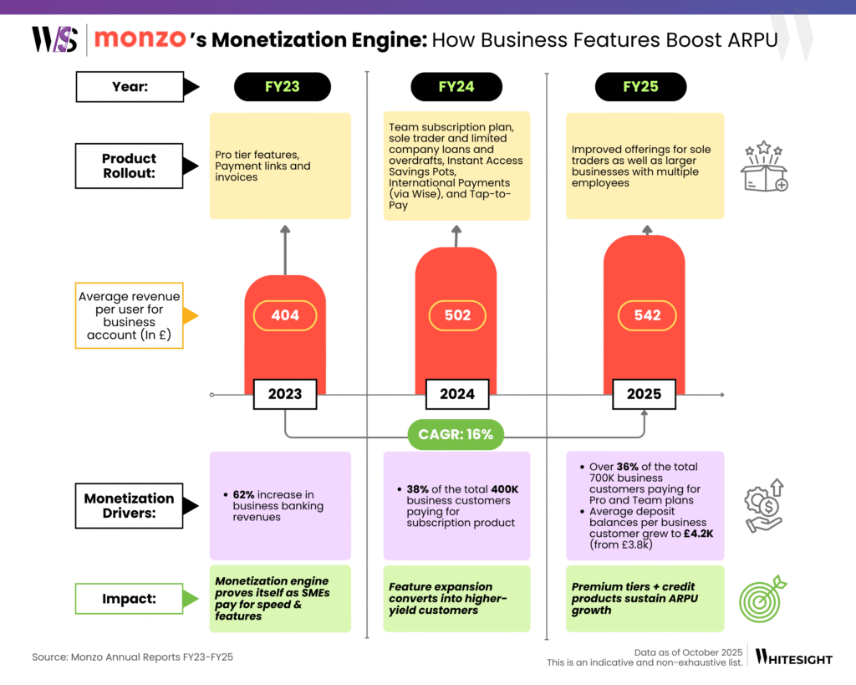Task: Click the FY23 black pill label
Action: [x=283, y=87]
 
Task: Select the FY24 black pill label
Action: [x=456, y=87]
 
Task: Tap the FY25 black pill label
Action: [x=640, y=87]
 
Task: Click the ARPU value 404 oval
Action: [x=285, y=316]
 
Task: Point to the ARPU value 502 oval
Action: [x=457, y=315]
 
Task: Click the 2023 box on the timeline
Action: [x=285, y=394]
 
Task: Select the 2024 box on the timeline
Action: [x=457, y=394]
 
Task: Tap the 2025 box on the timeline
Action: [x=645, y=394]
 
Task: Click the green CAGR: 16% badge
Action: [x=456, y=434]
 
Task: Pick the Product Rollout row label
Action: [x=130, y=166]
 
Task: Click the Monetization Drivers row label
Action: [x=130, y=506]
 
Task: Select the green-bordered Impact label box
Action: [x=130, y=599]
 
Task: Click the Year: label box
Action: [x=130, y=86]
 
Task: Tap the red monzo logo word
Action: [x=134, y=39]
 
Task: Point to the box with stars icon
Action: [x=764, y=167]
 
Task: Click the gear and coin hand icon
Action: [x=763, y=506]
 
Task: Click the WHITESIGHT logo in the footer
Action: [x=794, y=658]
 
